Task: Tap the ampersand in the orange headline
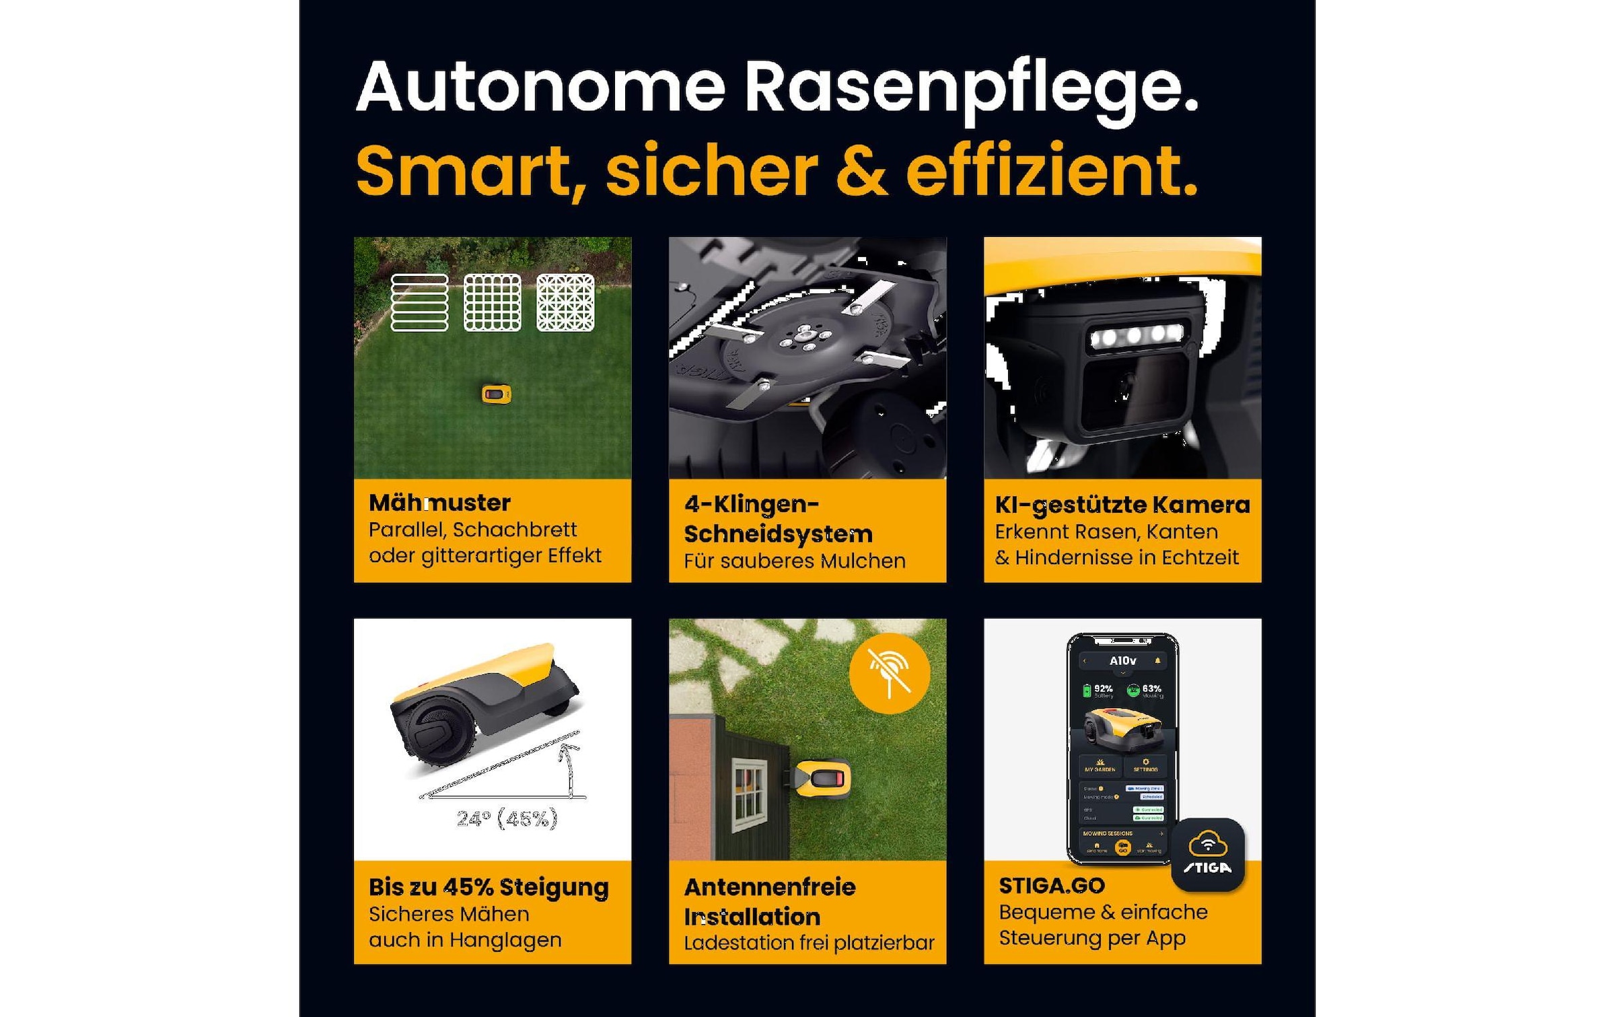tap(861, 171)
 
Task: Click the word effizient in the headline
tap(1050, 171)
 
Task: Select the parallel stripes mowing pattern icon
tap(419, 303)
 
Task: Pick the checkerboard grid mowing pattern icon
tap(493, 303)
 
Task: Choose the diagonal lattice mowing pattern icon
tap(565, 303)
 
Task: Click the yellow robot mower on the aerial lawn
tap(497, 394)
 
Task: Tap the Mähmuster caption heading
tap(439, 503)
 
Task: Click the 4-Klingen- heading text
tap(751, 504)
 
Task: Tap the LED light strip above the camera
tap(1136, 335)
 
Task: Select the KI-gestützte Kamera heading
tap(1122, 505)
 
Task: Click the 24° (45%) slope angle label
tap(507, 818)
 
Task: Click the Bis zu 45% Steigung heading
tap(489, 887)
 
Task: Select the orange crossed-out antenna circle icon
tap(890, 673)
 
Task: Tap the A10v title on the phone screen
tap(1122, 661)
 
